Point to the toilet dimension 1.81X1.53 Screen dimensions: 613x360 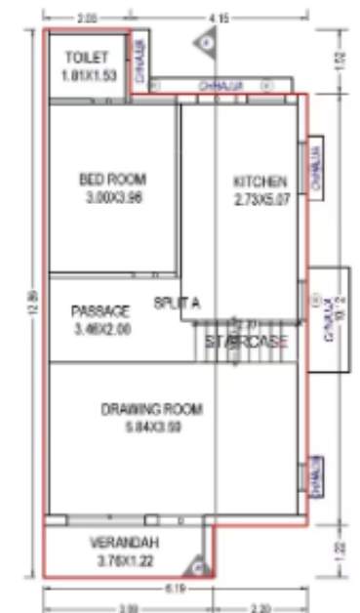click(x=87, y=74)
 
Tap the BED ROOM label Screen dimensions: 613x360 click(x=112, y=179)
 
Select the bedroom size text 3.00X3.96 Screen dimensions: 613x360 click(x=112, y=196)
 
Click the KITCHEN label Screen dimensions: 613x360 click(x=260, y=182)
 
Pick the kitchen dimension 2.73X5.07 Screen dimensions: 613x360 click(x=260, y=199)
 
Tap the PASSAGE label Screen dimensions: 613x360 click(x=100, y=311)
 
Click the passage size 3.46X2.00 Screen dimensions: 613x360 click(x=100, y=329)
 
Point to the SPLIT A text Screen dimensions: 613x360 click(x=177, y=304)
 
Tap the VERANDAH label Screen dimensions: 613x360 click(x=124, y=543)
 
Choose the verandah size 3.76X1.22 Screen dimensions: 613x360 click(x=124, y=560)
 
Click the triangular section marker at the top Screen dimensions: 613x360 click(x=207, y=41)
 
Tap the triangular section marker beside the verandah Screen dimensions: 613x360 click(x=199, y=564)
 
